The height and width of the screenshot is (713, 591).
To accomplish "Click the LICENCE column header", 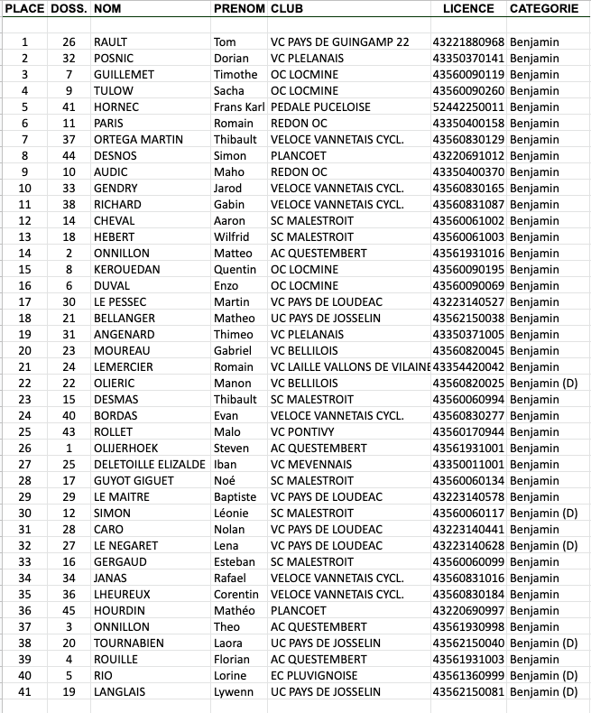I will (468, 8).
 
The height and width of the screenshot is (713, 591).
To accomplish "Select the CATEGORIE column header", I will (543, 8).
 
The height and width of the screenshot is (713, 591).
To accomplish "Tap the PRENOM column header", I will (239, 8).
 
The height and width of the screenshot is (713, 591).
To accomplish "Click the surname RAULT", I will (111, 42).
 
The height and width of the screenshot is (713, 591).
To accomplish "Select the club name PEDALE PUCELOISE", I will (320, 107).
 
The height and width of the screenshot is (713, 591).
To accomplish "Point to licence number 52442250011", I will (468, 107).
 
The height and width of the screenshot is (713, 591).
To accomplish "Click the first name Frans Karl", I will (238, 107).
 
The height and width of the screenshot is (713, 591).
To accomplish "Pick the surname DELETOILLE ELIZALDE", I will (149, 465).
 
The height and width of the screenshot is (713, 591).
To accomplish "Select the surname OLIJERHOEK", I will (126, 449).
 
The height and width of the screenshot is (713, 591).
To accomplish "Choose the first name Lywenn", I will (234, 692).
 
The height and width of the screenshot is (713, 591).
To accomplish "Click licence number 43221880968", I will (468, 42).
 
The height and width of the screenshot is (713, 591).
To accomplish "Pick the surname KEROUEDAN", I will (127, 270).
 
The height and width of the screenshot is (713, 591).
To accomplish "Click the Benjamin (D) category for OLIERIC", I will (543, 384).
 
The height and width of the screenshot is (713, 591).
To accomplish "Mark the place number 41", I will (24, 692).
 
